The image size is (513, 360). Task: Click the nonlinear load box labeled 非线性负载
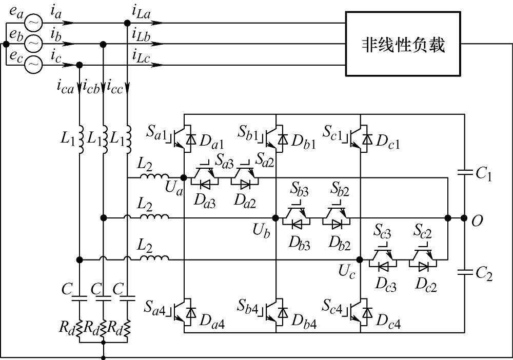coord(403,44)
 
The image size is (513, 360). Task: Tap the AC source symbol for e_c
coord(34,65)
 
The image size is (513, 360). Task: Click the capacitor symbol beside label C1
coord(464,172)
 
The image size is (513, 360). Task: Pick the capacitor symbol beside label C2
coord(464,272)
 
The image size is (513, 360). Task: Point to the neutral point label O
coord(477,222)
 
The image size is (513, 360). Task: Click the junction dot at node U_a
coord(184,177)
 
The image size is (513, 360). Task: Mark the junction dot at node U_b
coord(275,218)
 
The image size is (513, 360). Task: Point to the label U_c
coord(346,272)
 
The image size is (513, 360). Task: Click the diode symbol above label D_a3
coord(205,185)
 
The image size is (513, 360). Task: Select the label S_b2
coord(340,189)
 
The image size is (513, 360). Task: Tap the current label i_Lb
coord(142,35)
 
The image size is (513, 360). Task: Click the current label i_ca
coord(66,87)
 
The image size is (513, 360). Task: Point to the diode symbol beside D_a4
coord(190,313)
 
